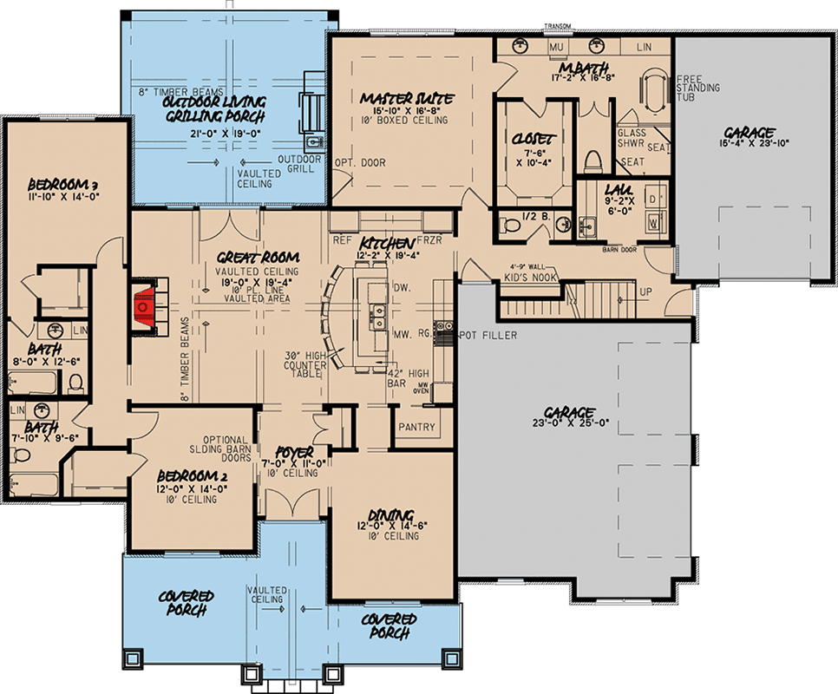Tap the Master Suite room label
pos(407,100)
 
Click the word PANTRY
pos(416,428)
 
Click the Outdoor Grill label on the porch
pos(299,165)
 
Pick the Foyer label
pos(295,453)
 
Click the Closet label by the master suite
pos(529,138)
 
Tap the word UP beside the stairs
pos(645,292)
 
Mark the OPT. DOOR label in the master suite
pos(359,162)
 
